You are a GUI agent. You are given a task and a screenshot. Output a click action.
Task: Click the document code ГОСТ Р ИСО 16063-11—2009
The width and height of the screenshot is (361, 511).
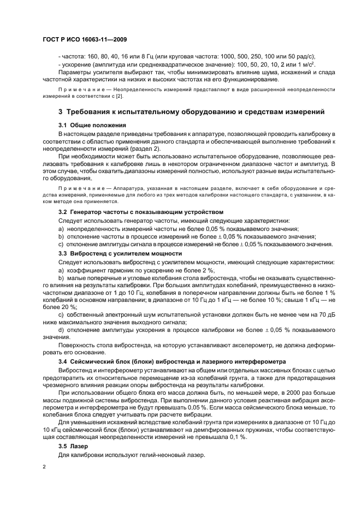tap(84, 40)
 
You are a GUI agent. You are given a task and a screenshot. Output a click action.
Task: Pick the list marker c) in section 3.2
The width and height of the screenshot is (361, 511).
tap(62, 244)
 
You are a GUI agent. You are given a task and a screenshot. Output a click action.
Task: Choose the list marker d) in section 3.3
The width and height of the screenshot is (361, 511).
tap(62, 330)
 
